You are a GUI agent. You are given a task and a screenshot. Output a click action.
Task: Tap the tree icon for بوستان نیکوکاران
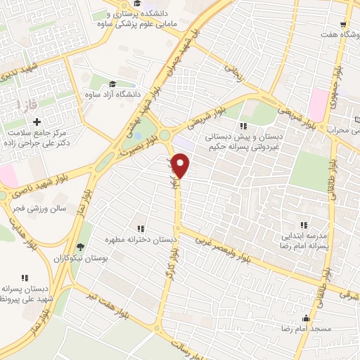point(82,247)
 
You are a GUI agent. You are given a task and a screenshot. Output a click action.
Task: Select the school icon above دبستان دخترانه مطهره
point(141,229)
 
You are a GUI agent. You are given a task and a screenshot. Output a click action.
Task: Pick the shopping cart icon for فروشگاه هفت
point(344,23)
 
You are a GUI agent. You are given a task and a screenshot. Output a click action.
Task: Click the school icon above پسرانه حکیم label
point(243,125)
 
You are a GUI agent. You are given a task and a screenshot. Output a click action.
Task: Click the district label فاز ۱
point(28,105)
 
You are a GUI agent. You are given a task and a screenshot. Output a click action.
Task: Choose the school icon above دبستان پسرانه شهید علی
point(25,278)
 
